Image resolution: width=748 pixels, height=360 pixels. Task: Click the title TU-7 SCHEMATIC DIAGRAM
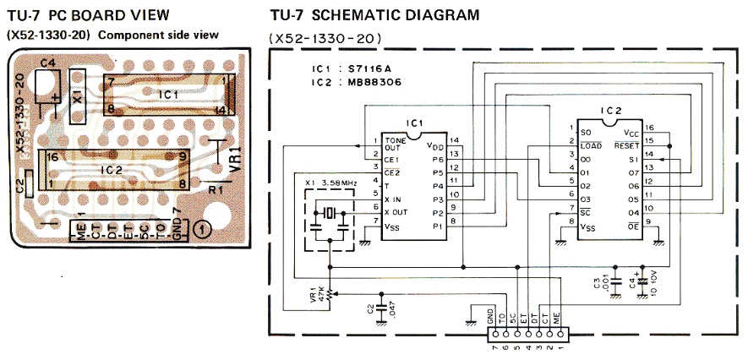coord(374,14)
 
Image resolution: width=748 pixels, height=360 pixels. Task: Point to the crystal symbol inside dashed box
coord(325,212)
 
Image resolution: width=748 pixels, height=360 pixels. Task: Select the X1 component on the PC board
coord(79,95)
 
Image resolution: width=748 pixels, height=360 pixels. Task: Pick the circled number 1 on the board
coord(203,228)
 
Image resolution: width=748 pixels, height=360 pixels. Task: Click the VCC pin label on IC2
coord(631,133)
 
